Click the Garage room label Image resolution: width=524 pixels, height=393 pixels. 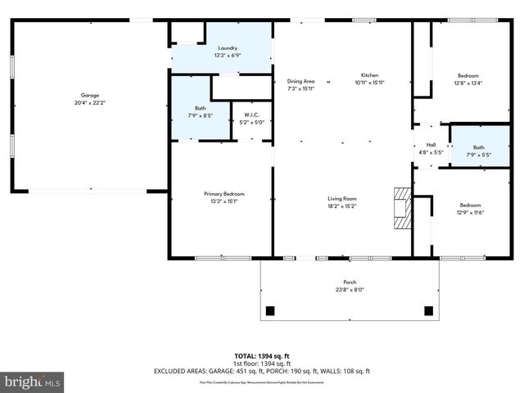click(89, 95)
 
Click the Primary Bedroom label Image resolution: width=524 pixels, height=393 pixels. click(224, 193)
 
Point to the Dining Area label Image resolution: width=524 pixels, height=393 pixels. click(300, 81)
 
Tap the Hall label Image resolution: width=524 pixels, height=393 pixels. click(431, 145)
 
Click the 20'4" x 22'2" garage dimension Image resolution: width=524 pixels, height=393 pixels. click(89, 102)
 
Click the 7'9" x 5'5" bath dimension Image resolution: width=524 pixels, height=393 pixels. click(478, 155)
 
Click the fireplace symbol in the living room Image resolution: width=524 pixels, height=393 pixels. click(401, 208)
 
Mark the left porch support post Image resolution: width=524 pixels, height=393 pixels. click(271, 310)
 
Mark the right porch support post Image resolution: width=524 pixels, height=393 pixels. click(428, 310)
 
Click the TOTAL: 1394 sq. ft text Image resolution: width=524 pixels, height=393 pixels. click(262, 356)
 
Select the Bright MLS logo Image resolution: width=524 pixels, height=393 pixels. click(33, 382)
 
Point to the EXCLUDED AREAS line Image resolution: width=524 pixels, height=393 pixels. click(262, 371)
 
